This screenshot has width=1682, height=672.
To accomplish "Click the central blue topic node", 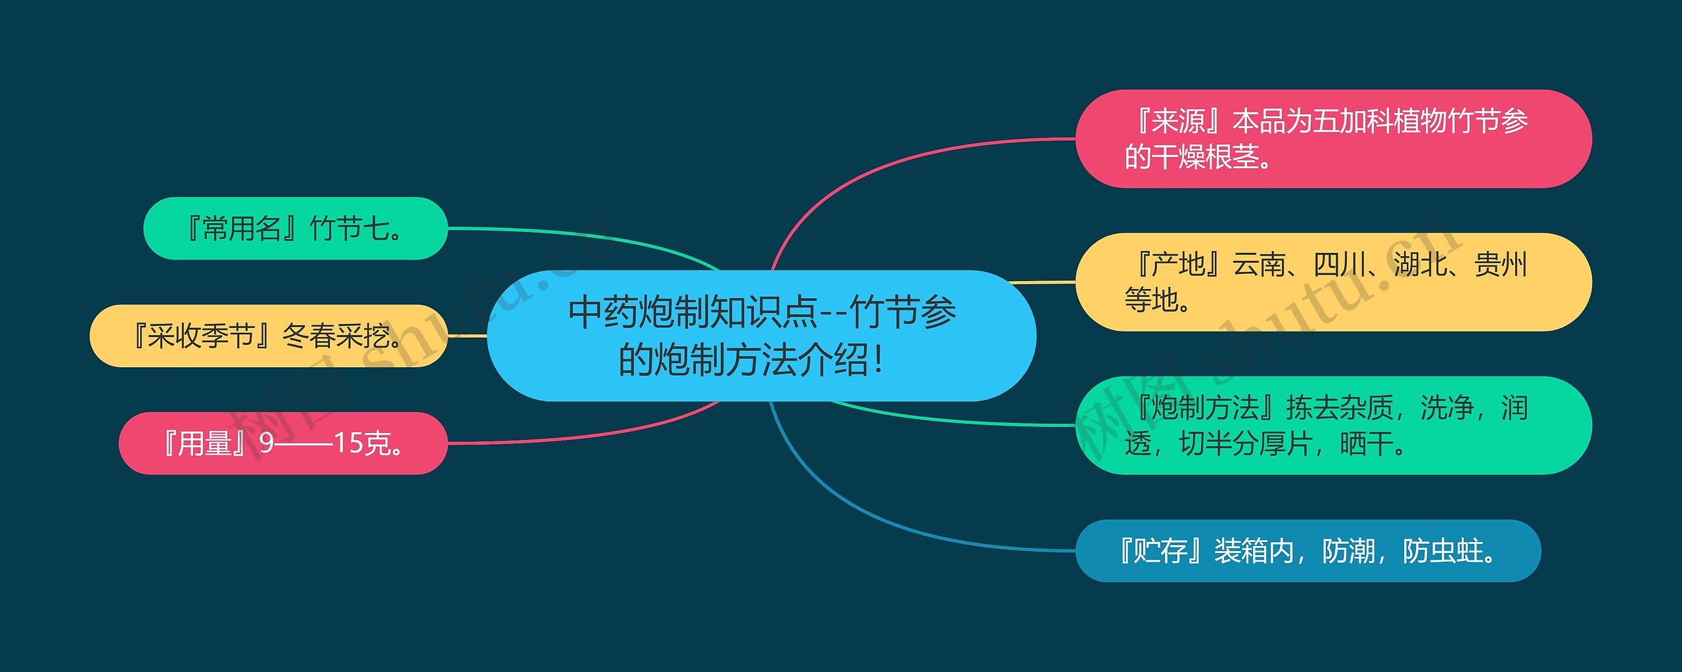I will point(761,336).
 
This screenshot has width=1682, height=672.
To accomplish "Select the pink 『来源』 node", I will point(1332,139).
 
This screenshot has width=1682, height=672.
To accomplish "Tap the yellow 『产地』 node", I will point(1332,282).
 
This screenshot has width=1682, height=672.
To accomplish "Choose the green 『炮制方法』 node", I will point(1332,425).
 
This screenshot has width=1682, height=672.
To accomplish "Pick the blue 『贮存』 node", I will point(1307,550).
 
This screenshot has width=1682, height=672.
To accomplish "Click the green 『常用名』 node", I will point(295,228).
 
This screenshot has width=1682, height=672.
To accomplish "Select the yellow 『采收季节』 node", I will point(268,336).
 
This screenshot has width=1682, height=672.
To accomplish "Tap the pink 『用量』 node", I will point(283,443).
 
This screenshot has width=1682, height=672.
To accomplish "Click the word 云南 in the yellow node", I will point(1259,265).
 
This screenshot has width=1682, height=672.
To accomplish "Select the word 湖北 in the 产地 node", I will point(1419,265).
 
